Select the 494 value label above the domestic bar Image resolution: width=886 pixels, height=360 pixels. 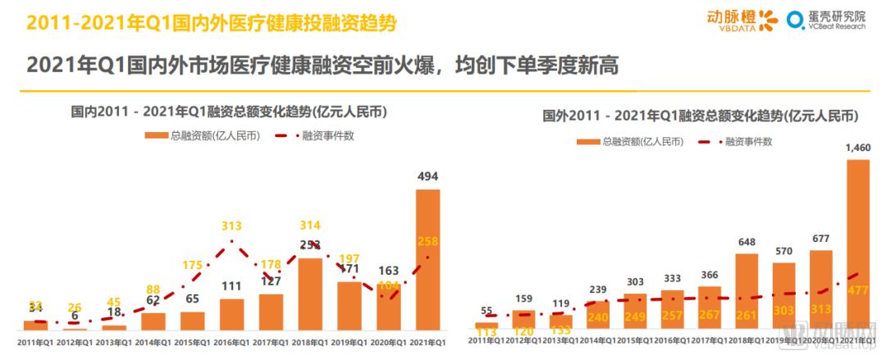(427, 175)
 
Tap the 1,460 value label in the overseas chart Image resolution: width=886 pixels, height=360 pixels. (856, 147)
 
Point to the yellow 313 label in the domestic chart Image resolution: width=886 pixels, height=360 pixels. (231, 227)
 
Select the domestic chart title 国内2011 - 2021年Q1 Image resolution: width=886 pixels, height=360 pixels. (228, 112)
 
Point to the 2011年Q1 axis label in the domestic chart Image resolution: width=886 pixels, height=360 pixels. (35, 341)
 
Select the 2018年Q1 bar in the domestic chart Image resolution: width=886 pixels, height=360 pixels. (310, 294)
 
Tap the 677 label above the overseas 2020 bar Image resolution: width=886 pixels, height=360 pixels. (820, 239)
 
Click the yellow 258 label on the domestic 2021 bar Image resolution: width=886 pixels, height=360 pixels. (427, 240)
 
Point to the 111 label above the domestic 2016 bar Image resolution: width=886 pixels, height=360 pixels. (232, 286)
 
